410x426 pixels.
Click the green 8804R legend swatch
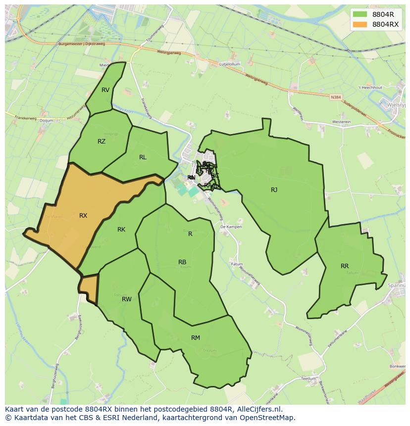[360, 14]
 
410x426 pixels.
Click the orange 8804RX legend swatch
[360, 24]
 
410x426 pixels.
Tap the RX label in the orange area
[83, 216]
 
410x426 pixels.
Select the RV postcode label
[105, 90]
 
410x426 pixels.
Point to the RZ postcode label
[102, 142]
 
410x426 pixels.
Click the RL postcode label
[143, 157]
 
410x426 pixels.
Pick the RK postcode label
[121, 230]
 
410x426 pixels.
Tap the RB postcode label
[182, 262]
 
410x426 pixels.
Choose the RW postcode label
[127, 299]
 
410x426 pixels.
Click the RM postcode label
[196, 338]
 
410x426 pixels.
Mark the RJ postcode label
[274, 190]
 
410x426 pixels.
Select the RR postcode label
[345, 266]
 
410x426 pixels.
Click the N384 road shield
[336, 97]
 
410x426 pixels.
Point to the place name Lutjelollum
[230, 64]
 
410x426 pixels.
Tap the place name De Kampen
[231, 227]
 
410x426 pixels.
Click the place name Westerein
[341, 122]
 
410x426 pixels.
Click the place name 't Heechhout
[370, 88]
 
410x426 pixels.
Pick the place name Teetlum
[308, 379]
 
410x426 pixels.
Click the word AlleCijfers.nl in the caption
[258, 409]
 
